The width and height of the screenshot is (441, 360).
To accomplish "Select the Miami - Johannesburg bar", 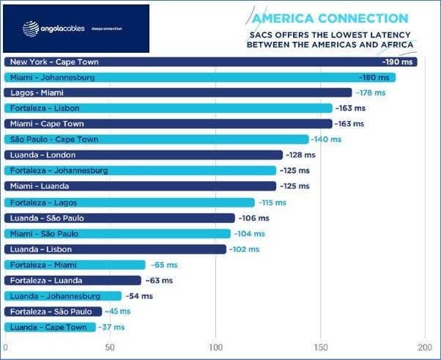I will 198,77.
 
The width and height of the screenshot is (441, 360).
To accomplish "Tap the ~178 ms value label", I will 370,93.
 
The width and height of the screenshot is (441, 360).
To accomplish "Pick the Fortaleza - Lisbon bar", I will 168,109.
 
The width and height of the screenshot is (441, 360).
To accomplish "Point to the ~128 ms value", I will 301,155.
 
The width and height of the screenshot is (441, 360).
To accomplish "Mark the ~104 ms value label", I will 250,234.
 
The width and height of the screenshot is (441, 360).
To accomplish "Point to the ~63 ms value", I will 158,281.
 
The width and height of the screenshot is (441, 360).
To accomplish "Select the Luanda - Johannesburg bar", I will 63,296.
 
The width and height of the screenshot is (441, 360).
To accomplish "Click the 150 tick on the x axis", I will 321,347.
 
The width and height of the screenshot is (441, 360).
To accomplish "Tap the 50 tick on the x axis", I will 110,347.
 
